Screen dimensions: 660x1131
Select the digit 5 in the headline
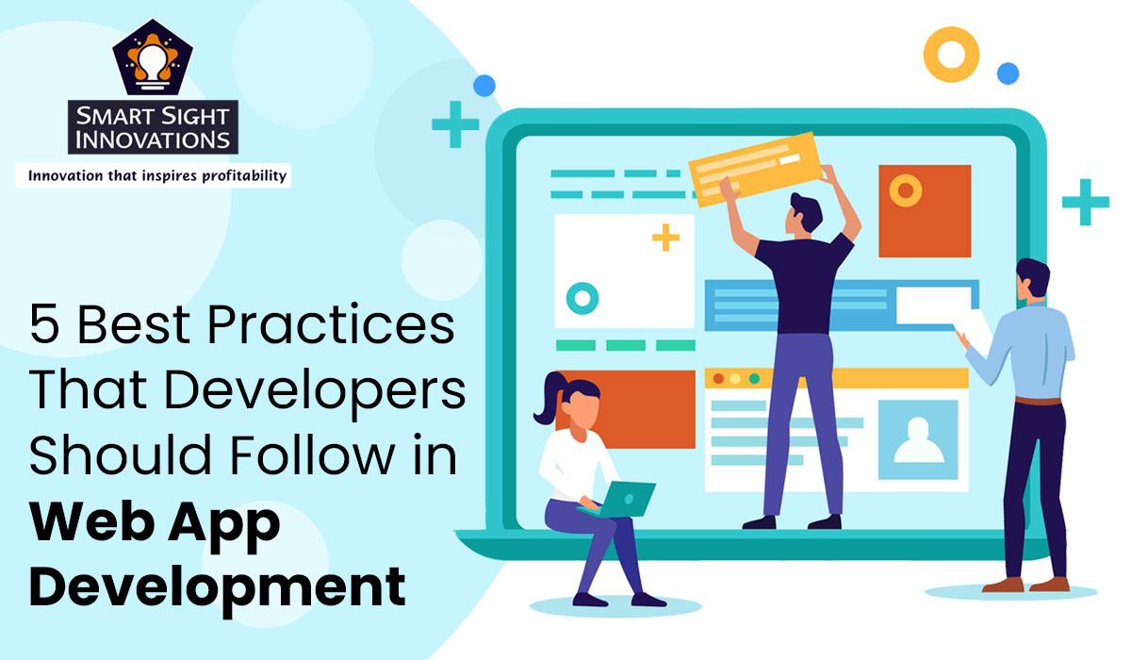click(44, 327)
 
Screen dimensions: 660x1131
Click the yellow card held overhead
click(752, 162)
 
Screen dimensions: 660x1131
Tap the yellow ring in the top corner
click(951, 53)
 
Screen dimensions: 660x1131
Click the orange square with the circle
click(924, 210)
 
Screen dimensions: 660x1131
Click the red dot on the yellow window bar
click(718, 379)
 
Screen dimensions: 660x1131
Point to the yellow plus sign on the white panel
click(665, 238)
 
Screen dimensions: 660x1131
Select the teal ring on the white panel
click(582, 298)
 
